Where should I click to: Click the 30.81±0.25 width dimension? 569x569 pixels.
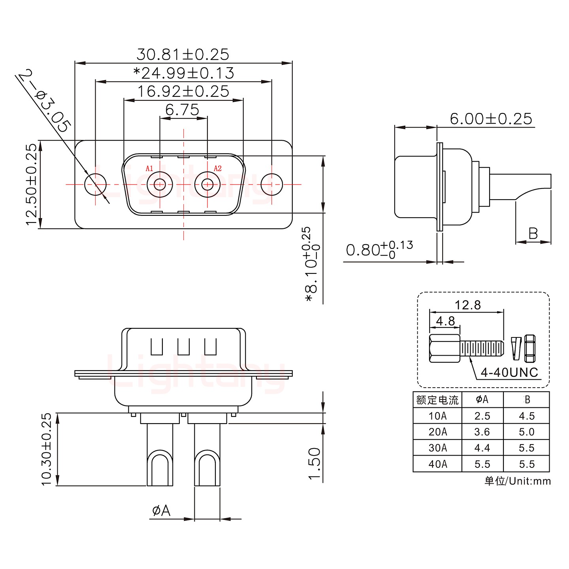tap(183, 54)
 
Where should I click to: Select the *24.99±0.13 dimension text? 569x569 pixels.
tap(184, 73)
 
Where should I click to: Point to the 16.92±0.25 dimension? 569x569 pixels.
tap(183, 91)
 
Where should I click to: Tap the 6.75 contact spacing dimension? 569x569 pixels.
tap(182, 109)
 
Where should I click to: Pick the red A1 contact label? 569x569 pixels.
tap(149, 168)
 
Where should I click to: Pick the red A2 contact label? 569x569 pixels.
tap(218, 168)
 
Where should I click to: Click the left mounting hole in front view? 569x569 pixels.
tap(96, 184)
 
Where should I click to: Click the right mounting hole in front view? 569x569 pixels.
tap(272, 184)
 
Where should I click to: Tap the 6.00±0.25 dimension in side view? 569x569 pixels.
tap(491, 119)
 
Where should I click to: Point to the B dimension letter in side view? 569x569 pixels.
tap(533, 234)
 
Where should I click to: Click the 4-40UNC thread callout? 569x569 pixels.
tap(509, 372)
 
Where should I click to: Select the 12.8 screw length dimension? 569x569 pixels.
tap(467, 305)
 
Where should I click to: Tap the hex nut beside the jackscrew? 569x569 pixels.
tap(529, 348)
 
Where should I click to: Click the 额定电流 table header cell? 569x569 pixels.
tap(437, 400)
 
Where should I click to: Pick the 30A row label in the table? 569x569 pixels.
tap(437, 448)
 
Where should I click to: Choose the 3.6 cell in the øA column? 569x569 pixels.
tap(482, 432)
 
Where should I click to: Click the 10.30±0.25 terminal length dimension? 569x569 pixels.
tap(46, 449)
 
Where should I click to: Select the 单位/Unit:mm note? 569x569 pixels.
tap(517, 481)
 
